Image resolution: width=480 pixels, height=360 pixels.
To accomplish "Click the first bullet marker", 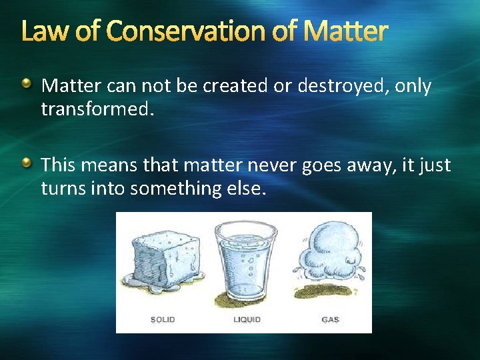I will pyautogui.click(x=26, y=84).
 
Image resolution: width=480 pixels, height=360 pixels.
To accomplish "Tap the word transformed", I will pyautogui.click(x=97, y=109).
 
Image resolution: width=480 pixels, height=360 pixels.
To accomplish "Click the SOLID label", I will pyautogui.click(x=163, y=320).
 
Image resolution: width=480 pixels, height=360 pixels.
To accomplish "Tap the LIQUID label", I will pyautogui.click(x=247, y=320).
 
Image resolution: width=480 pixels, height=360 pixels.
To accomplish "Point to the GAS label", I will pyautogui.click(x=330, y=320).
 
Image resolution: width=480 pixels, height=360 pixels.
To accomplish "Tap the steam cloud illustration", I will pyautogui.click(x=329, y=253).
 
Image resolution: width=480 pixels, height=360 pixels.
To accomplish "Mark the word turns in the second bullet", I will pyautogui.click(x=61, y=188).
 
